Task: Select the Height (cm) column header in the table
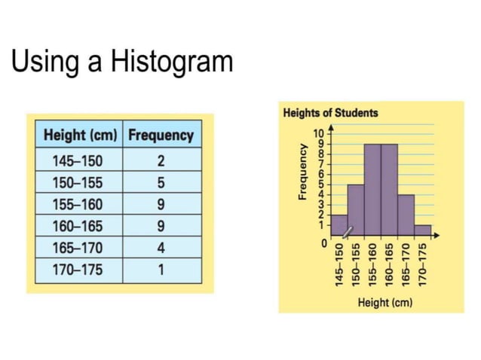click(81, 136)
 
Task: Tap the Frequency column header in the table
click(161, 136)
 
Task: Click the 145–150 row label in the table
click(77, 160)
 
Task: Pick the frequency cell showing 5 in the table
click(161, 182)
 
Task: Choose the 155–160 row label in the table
click(77, 204)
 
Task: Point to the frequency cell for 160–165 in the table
click(161, 226)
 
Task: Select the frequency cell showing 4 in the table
click(161, 248)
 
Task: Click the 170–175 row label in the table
click(77, 269)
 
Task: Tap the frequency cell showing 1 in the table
click(161, 269)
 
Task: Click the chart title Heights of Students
click(330, 114)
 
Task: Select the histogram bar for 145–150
click(339, 225)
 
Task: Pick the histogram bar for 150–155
click(356, 210)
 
